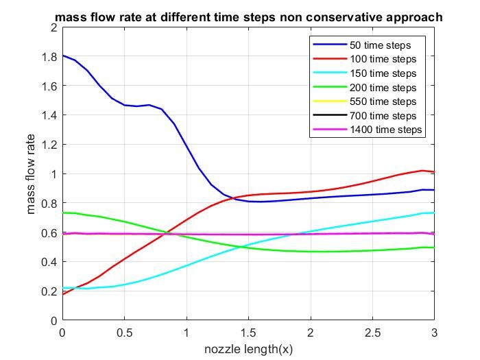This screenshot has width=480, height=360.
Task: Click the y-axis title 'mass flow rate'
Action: click(x=32, y=174)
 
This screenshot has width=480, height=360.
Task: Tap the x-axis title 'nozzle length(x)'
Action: click(x=248, y=349)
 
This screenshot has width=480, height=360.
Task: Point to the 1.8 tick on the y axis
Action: click(x=50, y=57)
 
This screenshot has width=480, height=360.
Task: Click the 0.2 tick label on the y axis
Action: click(x=50, y=291)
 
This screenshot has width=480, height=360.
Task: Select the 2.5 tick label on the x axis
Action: click(x=372, y=332)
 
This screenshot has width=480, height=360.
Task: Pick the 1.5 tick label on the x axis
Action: click(x=248, y=332)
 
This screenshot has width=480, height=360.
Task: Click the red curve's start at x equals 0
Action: click(x=63, y=294)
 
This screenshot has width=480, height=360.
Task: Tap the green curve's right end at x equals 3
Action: click(x=434, y=248)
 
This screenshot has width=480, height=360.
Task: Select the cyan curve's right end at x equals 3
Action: click(x=434, y=213)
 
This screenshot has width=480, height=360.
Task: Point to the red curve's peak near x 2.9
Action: click(x=422, y=170)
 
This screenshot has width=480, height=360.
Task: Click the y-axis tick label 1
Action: click(x=53, y=174)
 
